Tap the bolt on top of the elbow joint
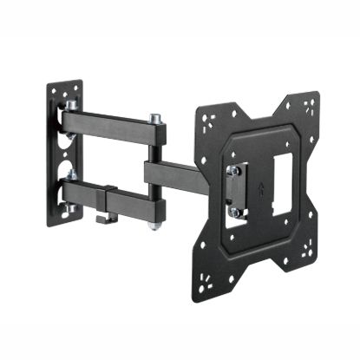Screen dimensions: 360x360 155,117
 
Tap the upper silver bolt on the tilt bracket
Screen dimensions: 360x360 232,169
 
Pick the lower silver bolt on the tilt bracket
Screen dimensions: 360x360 232,211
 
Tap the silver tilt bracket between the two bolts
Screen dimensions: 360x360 233,190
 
